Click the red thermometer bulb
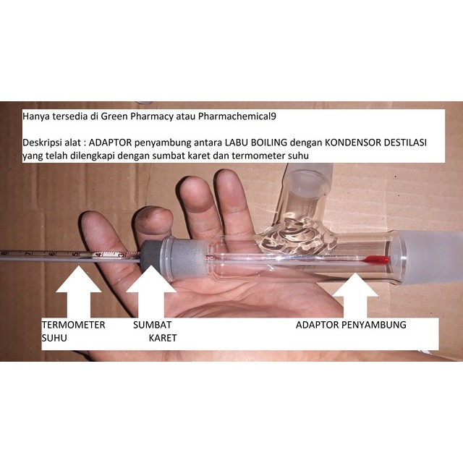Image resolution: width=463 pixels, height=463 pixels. (x=376, y=260)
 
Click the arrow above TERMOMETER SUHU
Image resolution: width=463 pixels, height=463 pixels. (x=79, y=292)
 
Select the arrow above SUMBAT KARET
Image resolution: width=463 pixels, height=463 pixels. (x=151, y=292)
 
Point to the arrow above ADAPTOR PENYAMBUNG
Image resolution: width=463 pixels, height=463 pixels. (x=355, y=295)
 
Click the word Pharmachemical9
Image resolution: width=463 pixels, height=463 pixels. (x=237, y=116)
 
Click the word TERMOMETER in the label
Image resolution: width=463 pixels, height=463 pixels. (x=73, y=325)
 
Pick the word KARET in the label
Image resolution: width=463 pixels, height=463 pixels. (x=163, y=338)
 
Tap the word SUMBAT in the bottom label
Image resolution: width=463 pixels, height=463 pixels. (x=152, y=325)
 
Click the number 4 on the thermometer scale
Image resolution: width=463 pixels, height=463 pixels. (x=99, y=254)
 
